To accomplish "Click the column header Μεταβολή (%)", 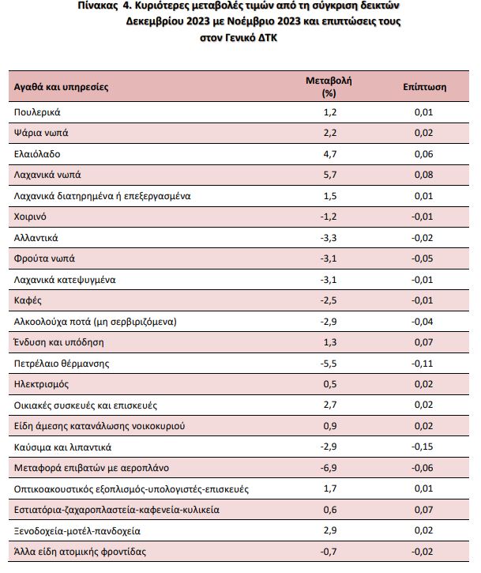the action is [x=329, y=87].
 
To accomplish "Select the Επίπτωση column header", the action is [x=424, y=87].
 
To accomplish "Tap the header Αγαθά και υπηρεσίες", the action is [x=62, y=87].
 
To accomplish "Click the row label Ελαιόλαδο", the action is [x=37, y=154].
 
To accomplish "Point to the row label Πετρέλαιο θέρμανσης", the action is [x=62, y=364].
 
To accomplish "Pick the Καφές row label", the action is [x=28, y=300].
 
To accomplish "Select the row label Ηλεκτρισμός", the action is [x=41, y=384].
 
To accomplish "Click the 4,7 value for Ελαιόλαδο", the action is [x=330, y=154].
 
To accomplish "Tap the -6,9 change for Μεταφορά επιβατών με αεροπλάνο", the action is [x=329, y=468].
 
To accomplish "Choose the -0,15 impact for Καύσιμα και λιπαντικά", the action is [x=423, y=447].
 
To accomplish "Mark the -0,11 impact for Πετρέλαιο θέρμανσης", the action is [x=423, y=364].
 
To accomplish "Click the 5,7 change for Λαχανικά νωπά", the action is [x=330, y=175].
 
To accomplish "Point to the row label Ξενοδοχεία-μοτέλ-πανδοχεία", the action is [x=77, y=530].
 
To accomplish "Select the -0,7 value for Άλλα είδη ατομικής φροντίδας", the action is [x=329, y=552].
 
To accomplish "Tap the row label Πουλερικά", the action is [x=37, y=112].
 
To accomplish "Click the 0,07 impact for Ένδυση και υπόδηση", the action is [x=423, y=342].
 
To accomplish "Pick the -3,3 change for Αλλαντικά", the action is [x=329, y=238].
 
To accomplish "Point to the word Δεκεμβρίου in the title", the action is [x=155, y=21].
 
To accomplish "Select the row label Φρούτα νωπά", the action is [x=44, y=258].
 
